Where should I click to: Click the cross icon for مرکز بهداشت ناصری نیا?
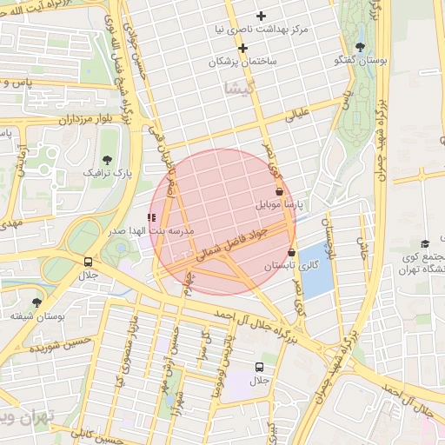click(x=261, y=17)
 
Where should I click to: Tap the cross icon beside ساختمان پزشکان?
click(x=242, y=49)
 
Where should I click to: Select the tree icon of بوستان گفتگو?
click(x=360, y=47)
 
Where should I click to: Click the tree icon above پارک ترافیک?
click(x=107, y=159)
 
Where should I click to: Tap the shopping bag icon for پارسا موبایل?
click(x=279, y=191)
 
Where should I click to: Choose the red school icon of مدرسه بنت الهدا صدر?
click(x=152, y=217)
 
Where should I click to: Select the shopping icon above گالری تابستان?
click(x=291, y=252)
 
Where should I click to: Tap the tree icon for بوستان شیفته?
click(x=37, y=302)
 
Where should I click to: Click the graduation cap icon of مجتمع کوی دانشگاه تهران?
click(x=424, y=244)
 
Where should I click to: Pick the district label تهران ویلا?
click(x=26, y=416)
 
